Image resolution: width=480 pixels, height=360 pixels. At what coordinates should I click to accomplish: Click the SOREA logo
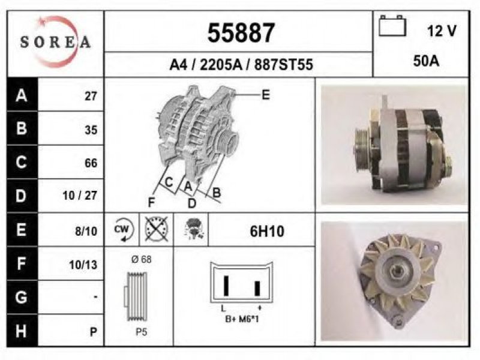(x=55, y=42)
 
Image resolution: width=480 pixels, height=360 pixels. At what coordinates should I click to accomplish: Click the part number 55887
(x=241, y=33)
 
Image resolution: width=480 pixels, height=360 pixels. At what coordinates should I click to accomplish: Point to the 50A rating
(x=426, y=61)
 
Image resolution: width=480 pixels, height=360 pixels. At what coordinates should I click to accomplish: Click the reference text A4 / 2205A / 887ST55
(x=241, y=65)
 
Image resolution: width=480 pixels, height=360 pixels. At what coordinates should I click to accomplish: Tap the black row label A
(x=22, y=95)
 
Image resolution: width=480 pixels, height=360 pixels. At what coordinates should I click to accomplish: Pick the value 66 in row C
(x=91, y=163)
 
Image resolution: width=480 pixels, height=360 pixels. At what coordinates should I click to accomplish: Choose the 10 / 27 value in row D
(x=80, y=196)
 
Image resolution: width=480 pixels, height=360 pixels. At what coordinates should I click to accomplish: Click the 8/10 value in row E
(x=86, y=231)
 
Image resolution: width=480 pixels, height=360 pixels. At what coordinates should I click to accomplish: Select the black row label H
(x=22, y=331)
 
